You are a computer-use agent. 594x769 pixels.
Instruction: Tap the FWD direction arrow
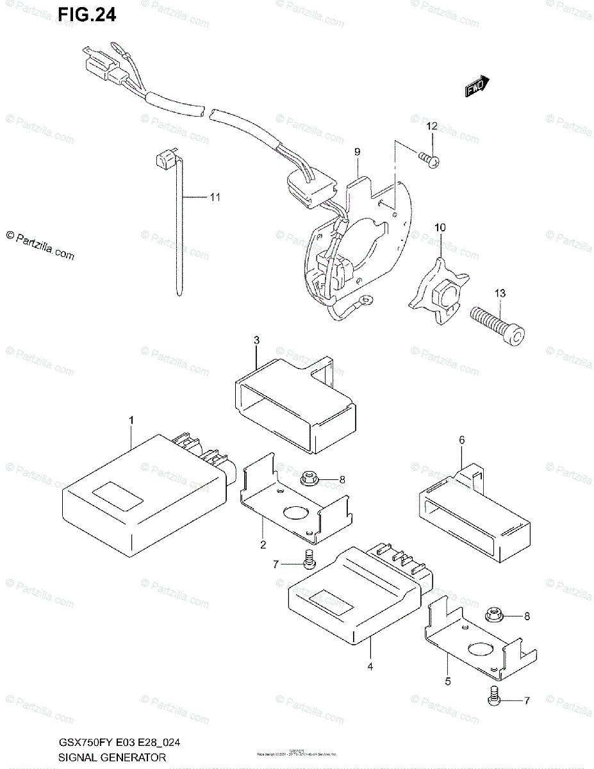[477, 87]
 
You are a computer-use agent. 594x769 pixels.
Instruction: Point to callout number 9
[357, 152]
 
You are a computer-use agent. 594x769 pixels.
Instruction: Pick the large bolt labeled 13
[498, 326]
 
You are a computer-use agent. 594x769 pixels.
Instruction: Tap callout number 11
[214, 197]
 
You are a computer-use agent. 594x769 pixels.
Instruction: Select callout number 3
[256, 340]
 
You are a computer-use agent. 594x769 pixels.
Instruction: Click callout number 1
[131, 419]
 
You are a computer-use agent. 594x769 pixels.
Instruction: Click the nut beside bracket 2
[306, 479]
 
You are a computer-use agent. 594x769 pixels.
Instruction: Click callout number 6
[461, 440]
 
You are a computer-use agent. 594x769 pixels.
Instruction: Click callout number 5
[448, 681]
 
